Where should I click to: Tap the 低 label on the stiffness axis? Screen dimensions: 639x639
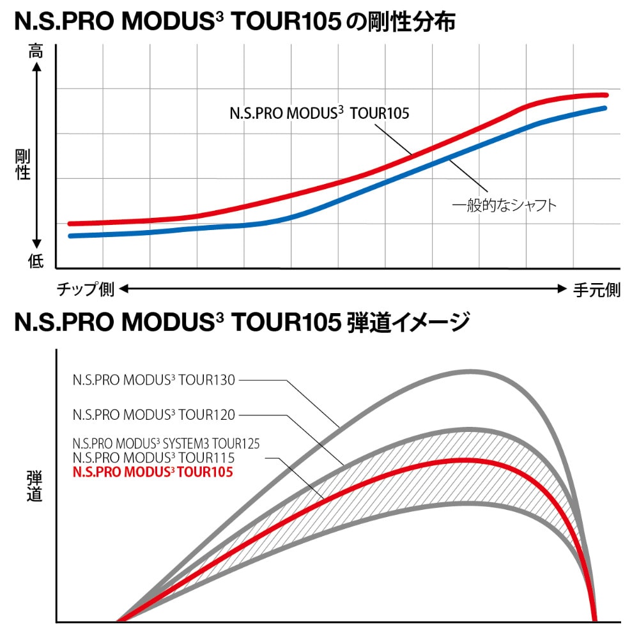tap(36, 261)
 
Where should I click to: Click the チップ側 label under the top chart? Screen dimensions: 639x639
tap(85, 290)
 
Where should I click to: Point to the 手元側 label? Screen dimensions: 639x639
tap(596, 290)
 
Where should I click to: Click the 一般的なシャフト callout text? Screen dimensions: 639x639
tap(504, 205)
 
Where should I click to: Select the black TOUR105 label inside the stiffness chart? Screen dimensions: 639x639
tap(319, 114)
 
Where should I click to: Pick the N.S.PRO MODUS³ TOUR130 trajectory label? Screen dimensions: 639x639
tap(154, 381)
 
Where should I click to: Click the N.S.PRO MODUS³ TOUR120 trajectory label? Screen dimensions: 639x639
tap(154, 415)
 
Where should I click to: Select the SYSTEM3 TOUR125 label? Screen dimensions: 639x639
tap(166, 443)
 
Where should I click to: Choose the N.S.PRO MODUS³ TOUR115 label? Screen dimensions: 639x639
tap(154, 458)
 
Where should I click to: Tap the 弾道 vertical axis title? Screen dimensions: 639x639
tap(35, 486)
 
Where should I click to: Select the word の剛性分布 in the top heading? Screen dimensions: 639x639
tap(401, 22)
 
